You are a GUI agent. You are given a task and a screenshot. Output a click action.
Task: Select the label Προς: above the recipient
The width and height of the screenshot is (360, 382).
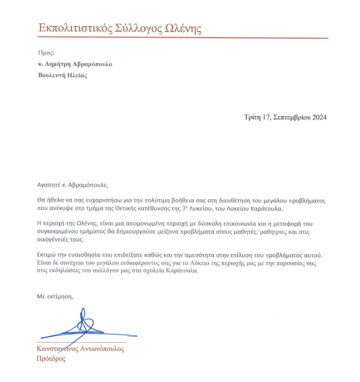click(x=46, y=53)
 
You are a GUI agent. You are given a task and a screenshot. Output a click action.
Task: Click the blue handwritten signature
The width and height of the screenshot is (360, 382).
click(x=82, y=326)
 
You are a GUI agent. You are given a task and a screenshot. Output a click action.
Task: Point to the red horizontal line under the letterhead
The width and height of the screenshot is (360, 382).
click(x=183, y=38)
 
